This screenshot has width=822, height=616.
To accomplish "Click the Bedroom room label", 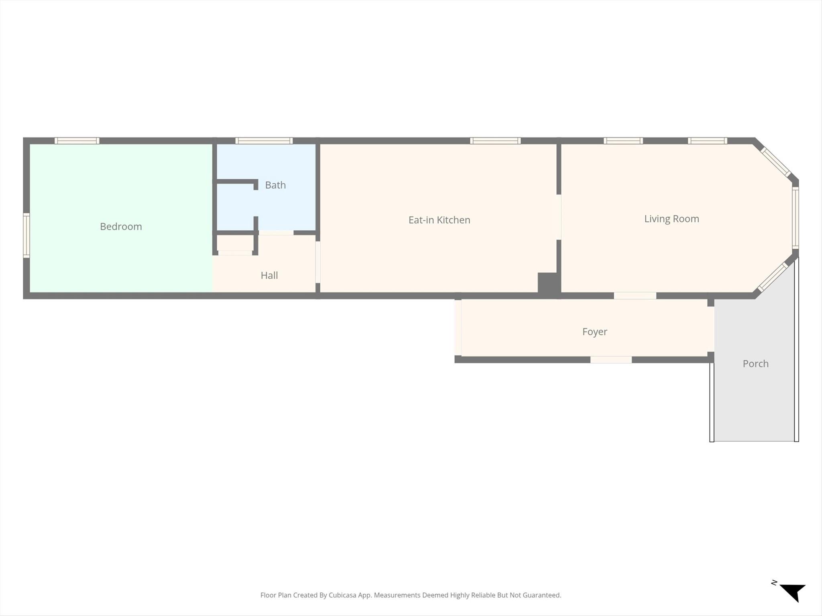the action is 121,227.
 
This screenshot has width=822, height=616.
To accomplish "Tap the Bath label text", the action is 275,185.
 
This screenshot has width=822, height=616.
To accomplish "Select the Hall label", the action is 269,275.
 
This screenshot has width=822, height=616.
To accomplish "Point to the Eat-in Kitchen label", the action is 439,220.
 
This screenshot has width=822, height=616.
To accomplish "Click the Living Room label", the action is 671,219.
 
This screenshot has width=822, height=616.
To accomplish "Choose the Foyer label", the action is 594,332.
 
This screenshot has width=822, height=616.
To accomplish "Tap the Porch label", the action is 755,364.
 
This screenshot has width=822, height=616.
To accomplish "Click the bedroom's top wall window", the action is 77,141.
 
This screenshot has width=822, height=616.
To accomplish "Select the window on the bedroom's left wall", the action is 26,235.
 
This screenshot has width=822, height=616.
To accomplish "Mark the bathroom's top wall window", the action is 264,141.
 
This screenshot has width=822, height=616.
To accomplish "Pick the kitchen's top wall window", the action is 495,141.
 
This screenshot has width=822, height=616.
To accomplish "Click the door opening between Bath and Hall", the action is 276,233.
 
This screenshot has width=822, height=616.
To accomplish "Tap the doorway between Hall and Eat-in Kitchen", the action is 317,262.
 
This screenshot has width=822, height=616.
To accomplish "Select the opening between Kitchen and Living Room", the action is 559,217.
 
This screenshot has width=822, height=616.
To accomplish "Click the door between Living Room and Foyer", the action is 635,296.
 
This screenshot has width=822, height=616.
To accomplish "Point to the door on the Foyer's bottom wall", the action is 611,360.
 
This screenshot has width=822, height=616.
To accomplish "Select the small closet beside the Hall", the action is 235,243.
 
